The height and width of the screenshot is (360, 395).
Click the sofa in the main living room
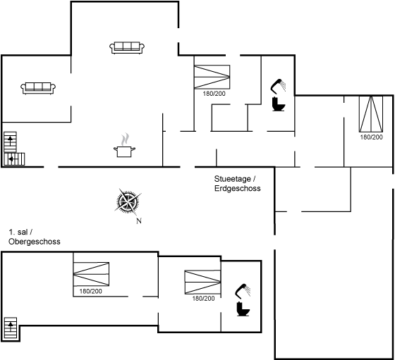pyautogui.click(x=127, y=47)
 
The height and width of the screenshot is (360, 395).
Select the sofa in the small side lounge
pyautogui.click(x=38, y=88)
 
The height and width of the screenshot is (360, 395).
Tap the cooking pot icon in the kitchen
pyautogui.click(x=124, y=151)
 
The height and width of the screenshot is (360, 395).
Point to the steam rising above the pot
pyautogui.click(x=125, y=139)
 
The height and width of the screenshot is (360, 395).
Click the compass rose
pyautogui.click(x=128, y=201)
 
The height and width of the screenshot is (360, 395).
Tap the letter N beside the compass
pyautogui.click(x=139, y=221)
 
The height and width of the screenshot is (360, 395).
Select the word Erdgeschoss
pyautogui.click(x=237, y=188)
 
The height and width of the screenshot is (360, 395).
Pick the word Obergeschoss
pyautogui.click(x=35, y=242)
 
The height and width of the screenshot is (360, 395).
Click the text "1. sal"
pyautogui.click(x=18, y=232)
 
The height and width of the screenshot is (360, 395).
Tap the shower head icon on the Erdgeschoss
pyautogui.click(x=279, y=85)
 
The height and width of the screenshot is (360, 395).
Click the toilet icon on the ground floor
pyautogui.click(x=279, y=104)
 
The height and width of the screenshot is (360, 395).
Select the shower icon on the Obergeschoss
pyautogui.click(x=243, y=290)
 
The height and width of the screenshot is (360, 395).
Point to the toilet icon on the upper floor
pyautogui.click(x=243, y=309)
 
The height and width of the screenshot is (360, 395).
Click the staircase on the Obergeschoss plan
pyautogui.click(x=11, y=328)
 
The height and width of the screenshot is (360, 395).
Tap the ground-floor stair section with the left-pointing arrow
pyautogui.click(x=14, y=159)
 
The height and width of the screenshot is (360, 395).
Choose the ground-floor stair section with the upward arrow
pyautogui.click(x=11, y=142)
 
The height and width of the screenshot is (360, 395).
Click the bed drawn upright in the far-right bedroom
pyautogui.click(x=371, y=114)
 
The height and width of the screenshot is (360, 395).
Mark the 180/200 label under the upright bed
pyautogui.click(x=371, y=137)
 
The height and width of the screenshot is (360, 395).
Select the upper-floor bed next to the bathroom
pyautogui.click(x=202, y=282)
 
